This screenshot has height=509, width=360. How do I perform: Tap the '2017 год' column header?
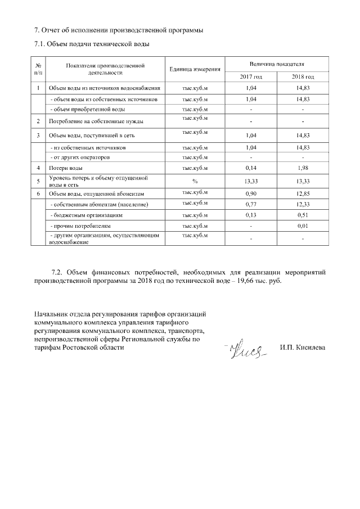(x=250, y=76)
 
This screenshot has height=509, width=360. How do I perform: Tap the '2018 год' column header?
(x=303, y=76)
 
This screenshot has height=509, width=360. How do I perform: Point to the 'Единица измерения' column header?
(x=194, y=69)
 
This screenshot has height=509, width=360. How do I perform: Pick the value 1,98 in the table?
(x=303, y=168)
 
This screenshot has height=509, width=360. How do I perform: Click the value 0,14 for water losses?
(x=250, y=168)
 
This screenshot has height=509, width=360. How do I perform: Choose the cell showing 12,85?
(x=303, y=193)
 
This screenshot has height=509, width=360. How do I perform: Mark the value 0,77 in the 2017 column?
(x=250, y=203)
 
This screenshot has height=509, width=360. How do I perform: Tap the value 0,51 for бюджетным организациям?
(x=303, y=215)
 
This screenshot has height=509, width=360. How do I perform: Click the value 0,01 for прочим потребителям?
(x=303, y=227)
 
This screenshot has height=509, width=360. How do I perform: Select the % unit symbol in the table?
(x=194, y=181)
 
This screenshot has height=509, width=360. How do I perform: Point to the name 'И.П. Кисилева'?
(x=302, y=348)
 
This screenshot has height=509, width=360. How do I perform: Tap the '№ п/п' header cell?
(x=38, y=69)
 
